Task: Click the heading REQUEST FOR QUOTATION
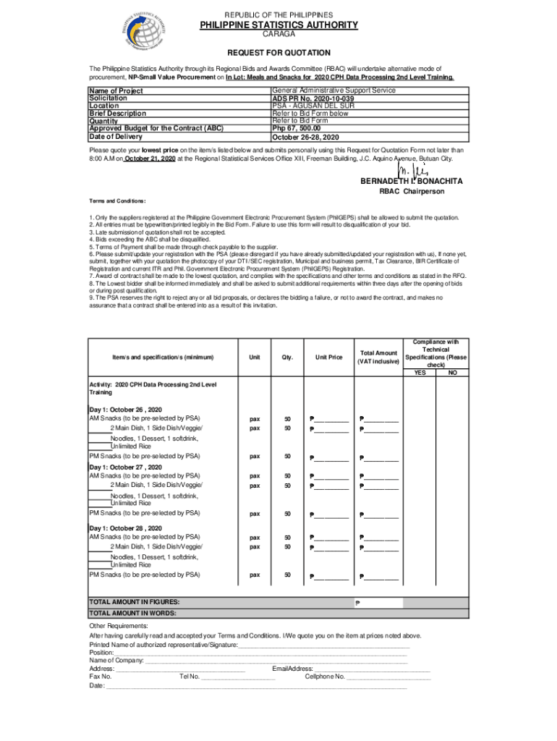(x=279, y=53)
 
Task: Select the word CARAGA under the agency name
(x=278, y=34)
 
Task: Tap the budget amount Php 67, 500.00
(x=296, y=128)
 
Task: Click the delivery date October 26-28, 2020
(x=305, y=137)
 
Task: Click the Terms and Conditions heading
(x=118, y=200)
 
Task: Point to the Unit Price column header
(x=328, y=357)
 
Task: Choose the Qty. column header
(x=287, y=357)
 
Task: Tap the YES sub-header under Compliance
(x=420, y=373)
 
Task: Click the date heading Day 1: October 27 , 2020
(x=125, y=467)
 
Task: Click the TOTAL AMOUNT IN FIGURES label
(x=134, y=602)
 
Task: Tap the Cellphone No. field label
(x=325, y=677)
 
